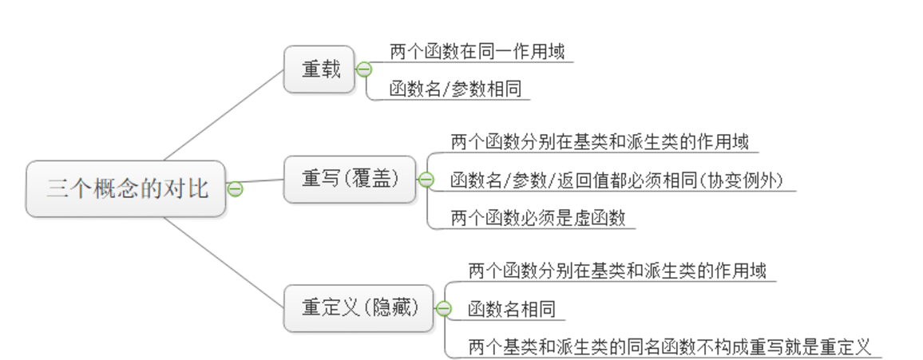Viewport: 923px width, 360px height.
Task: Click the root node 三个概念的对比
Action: pos(126,188)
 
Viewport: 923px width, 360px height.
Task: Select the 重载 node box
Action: pos(319,69)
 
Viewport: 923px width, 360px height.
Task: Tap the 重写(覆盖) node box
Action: pos(350,179)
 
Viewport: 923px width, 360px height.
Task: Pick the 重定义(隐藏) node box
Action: pos(359,308)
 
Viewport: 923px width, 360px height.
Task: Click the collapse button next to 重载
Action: pos(364,69)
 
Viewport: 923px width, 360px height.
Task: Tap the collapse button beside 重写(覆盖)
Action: pos(426,180)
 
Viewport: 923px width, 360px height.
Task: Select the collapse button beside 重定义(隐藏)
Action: pos(444,308)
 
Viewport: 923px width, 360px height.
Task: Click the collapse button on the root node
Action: pos(235,189)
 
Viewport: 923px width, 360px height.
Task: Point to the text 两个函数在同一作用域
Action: pos(477,52)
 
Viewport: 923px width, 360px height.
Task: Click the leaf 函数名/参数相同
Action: pos(455,89)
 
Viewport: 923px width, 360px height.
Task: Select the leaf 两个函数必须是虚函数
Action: pos(538,218)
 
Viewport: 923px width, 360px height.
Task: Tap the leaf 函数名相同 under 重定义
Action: pos(511,309)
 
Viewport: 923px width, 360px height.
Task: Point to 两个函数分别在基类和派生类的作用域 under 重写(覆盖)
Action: pos(600,143)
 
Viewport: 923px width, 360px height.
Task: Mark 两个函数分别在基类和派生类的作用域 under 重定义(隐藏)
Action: pos(617,271)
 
